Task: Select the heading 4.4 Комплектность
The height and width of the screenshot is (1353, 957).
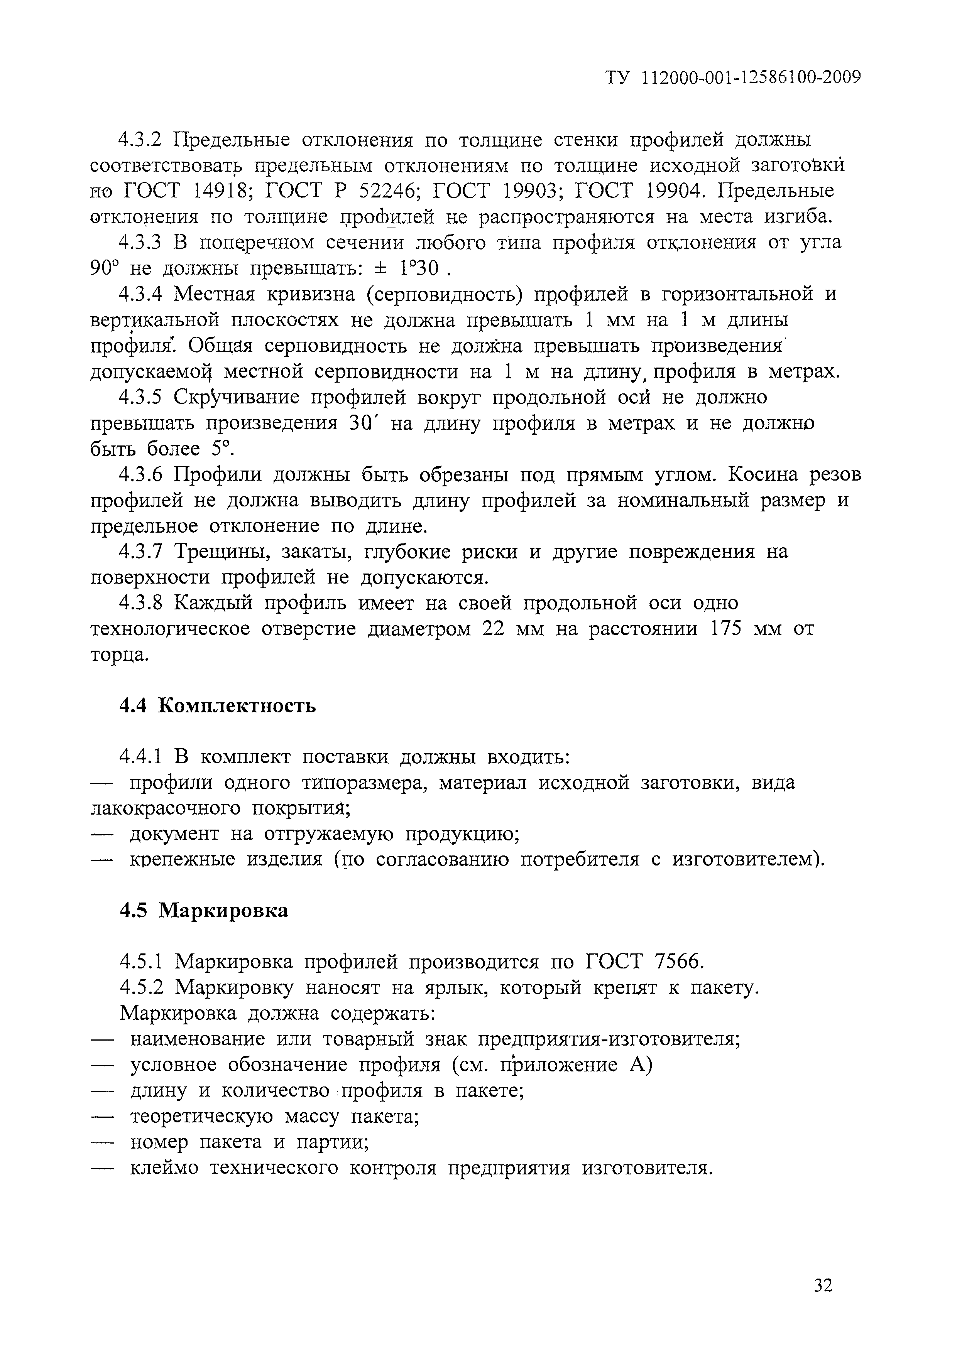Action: (x=218, y=705)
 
